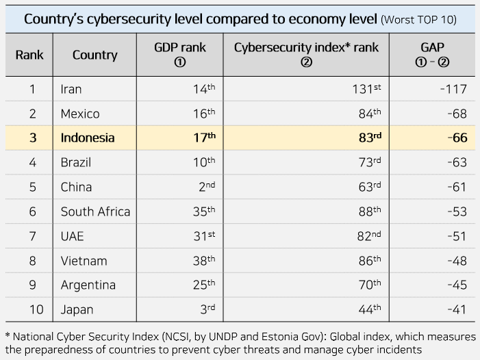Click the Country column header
(x=94, y=55)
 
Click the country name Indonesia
(x=88, y=138)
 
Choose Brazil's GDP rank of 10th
(x=204, y=162)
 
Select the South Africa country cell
(x=95, y=211)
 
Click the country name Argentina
(x=88, y=285)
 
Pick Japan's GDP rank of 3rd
(x=206, y=309)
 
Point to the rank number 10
(x=36, y=309)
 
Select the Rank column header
(x=29, y=55)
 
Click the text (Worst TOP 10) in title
(x=419, y=19)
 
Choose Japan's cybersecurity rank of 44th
(x=368, y=309)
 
